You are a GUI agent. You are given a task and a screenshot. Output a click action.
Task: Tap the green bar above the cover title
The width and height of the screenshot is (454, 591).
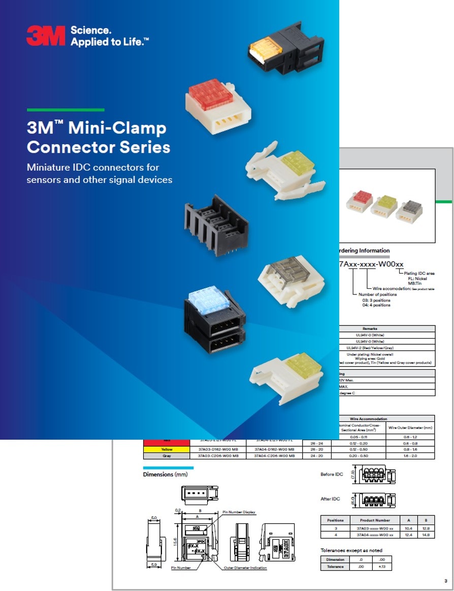tap(66, 110)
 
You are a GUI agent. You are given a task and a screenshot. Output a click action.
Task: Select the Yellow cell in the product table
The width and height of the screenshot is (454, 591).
tap(167, 449)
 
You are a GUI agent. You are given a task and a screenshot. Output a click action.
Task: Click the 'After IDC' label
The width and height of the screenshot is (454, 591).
tap(330, 499)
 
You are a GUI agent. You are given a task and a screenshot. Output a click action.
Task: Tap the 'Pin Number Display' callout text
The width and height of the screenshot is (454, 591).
tap(239, 512)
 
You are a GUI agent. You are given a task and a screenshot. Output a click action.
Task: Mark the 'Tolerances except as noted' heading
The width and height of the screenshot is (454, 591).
tap(351, 550)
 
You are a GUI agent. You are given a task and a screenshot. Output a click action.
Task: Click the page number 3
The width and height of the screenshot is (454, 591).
tap(445, 580)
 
